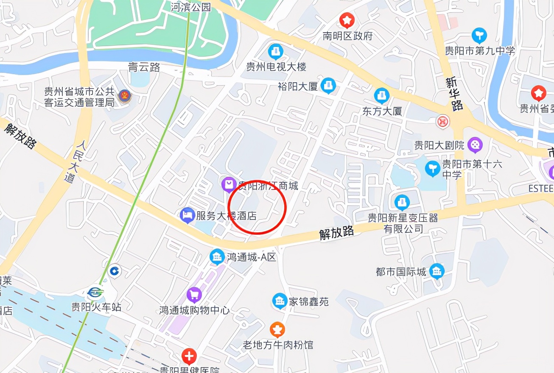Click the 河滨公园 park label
pos(190,7)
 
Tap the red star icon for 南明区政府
pos(347,20)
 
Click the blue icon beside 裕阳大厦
pos(327,86)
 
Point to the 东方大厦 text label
pos(382,111)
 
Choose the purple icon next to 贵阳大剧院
pos(475,145)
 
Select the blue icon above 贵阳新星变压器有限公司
pos(402,203)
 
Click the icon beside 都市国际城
pos(436,271)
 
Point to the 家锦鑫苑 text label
pos(308,302)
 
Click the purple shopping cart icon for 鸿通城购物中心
pos(194,295)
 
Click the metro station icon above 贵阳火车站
pos(95,293)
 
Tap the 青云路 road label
pos(144,67)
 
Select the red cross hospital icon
pos(188,355)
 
